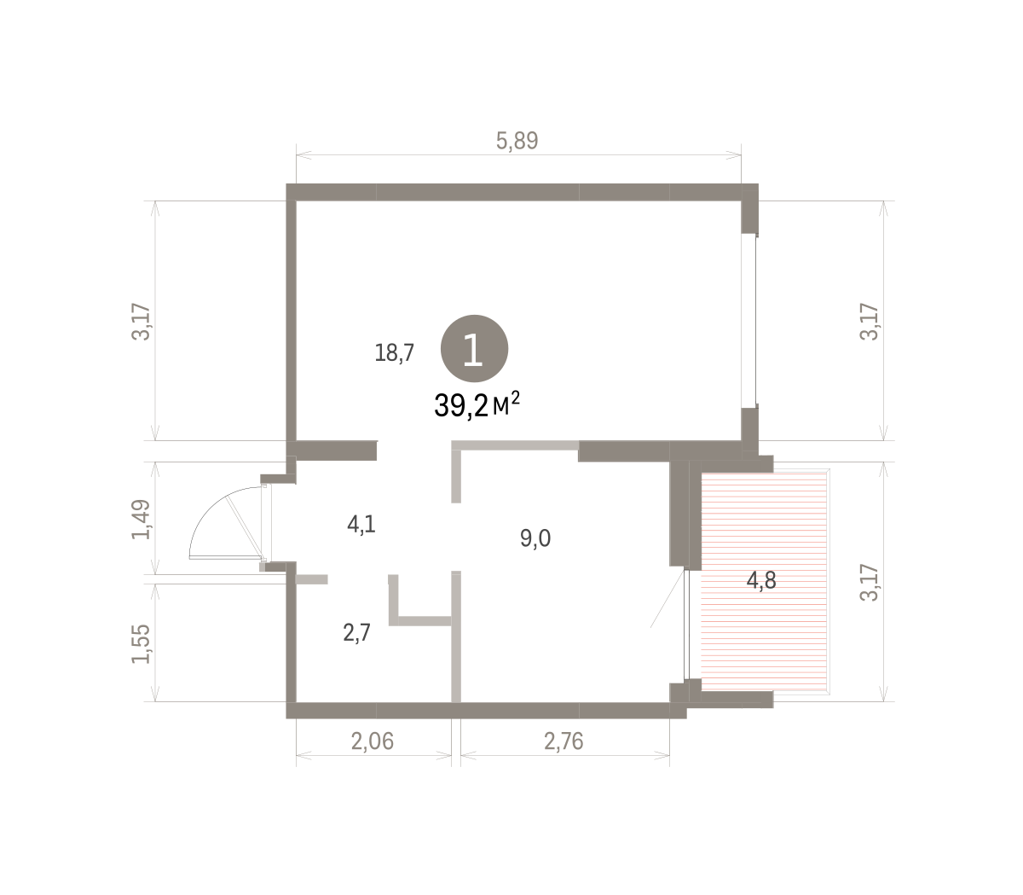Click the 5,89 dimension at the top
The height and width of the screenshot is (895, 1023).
[x=517, y=141]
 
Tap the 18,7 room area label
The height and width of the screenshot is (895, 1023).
[x=394, y=352]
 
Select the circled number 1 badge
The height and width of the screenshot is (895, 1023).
[x=474, y=349]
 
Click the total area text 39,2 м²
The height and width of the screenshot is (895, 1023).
[x=477, y=405]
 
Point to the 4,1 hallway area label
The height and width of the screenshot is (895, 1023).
[x=361, y=525]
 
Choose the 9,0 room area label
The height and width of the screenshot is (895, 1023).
[x=535, y=538]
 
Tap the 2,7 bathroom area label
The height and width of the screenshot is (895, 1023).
[x=356, y=633]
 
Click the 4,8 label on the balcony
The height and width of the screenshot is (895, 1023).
[x=761, y=581]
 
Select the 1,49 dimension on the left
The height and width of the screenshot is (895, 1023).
[x=141, y=520]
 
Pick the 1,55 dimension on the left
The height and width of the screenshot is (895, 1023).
[x=141, y=644]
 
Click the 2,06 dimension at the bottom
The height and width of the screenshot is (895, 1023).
[x=373, y=741]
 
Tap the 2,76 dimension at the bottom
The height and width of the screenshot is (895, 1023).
[x=564, y=741]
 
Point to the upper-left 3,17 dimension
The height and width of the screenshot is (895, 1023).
[x=141, y=322]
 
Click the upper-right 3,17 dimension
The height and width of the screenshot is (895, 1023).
[x=869, y=322]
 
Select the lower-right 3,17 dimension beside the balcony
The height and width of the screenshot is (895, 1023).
[x=869, y=583]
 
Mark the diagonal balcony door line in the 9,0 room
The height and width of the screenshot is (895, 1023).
[x=667, y=599]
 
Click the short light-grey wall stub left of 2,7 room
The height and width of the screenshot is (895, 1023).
[x=311, y=579]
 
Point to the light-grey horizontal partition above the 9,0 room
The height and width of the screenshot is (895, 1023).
[x=515, y=445]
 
